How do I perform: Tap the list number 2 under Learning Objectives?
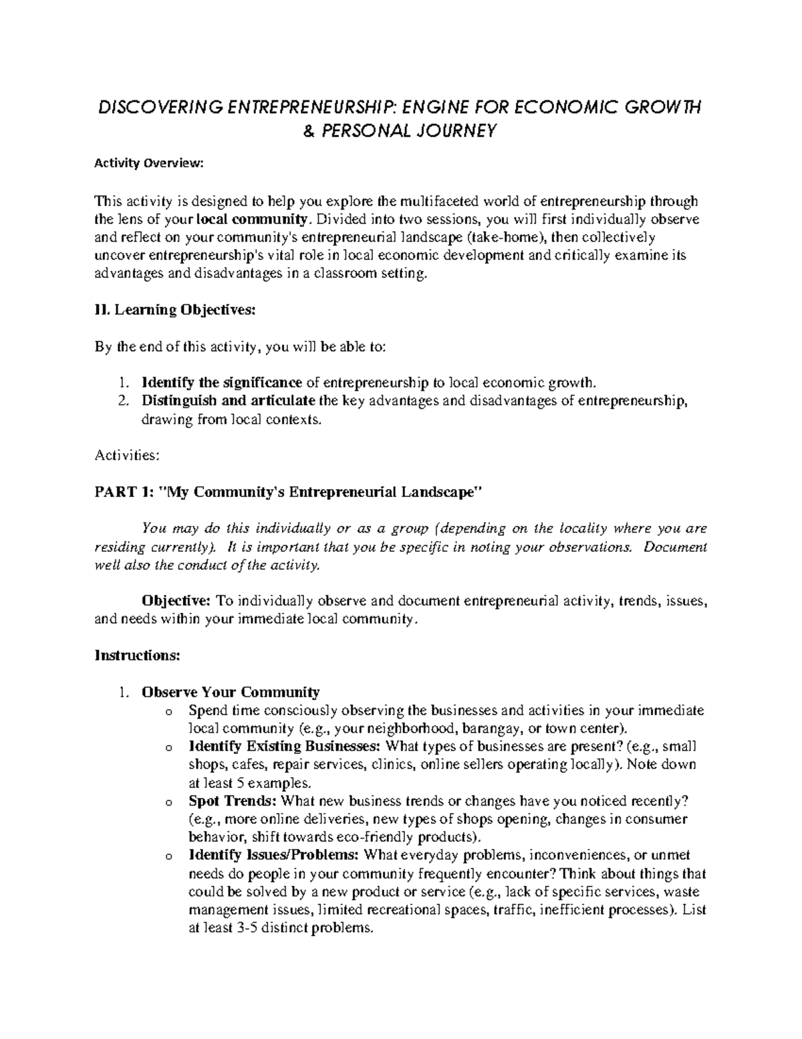(122, 401)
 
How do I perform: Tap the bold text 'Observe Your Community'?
(231, 692)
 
